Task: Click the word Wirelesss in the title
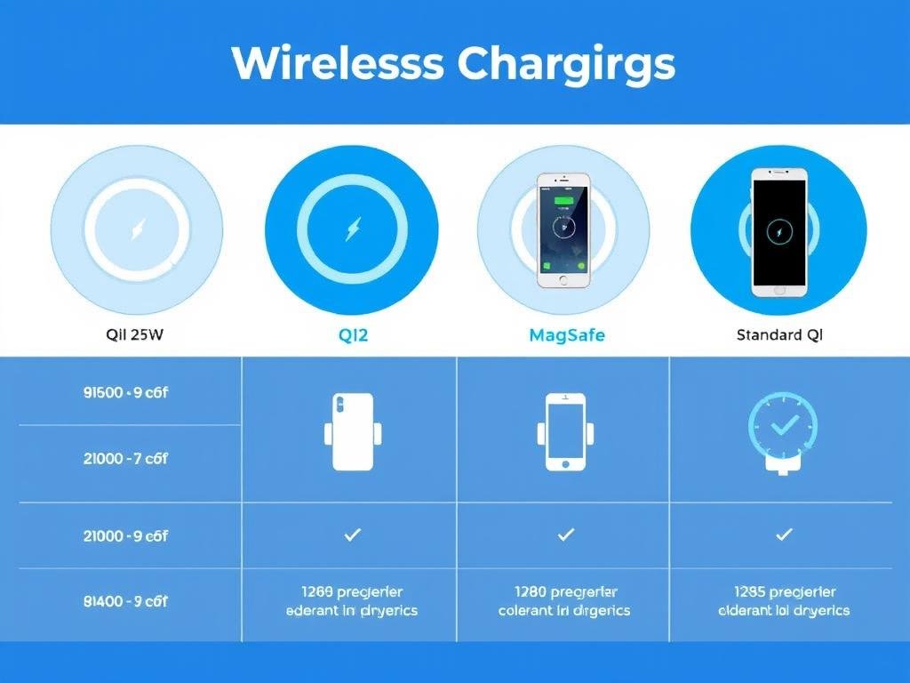337,63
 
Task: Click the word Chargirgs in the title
567,65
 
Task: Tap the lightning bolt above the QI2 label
351,231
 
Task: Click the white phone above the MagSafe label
563,229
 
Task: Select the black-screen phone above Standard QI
778,231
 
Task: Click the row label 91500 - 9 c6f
125,391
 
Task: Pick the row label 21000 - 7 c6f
125,459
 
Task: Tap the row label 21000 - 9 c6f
125,536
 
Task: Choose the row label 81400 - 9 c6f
125,601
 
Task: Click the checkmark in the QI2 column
352,534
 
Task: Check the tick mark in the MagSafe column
565,534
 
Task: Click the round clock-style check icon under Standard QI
783,429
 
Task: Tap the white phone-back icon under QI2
352,431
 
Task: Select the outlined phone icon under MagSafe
565,431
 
